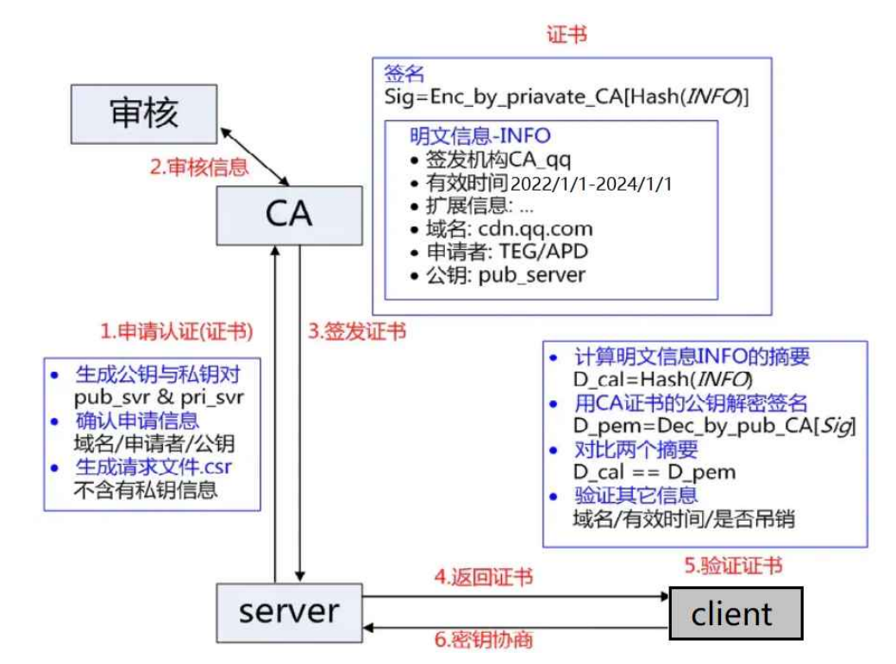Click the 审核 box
(144, 113)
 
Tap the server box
(289, 611)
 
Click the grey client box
(736, 613)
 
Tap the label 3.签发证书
(357, 331)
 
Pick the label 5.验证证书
(734, 566)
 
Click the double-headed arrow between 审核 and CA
(255, 156)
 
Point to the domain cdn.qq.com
(536, 229)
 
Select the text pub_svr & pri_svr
(160, 398)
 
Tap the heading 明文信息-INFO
(480, 136)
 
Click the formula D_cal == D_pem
(655, 473)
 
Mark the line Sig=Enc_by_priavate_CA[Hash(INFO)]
(567, 97)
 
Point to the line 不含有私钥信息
(146, 491)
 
